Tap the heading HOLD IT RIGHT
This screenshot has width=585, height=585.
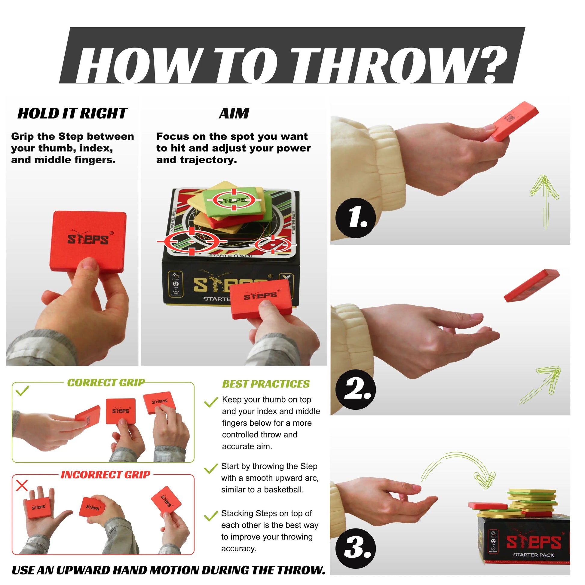[x=73, y=114]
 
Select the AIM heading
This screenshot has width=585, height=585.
[x=234, y=114]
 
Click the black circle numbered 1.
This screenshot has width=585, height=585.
[x=356, y=218]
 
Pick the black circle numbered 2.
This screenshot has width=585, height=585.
[x=356, y=390]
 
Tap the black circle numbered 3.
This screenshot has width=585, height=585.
[x=356, y=549]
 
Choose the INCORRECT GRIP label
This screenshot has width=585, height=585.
[x=106, y=474]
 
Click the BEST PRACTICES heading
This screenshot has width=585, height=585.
[x=266, y=384]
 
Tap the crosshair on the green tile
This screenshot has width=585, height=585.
[x=234, y=200]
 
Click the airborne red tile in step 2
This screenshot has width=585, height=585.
[x=532, y=285]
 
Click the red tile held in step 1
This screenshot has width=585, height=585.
[x=515, y=121]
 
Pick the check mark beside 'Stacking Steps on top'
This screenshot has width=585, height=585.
[x=211, y=516]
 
